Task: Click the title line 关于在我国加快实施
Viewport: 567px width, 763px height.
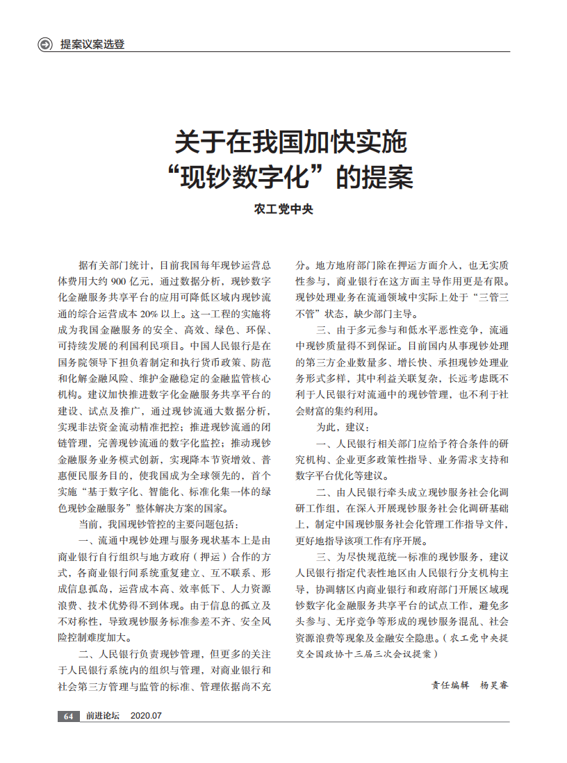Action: pos(290,142)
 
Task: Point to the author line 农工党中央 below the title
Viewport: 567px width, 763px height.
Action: pos(283,208)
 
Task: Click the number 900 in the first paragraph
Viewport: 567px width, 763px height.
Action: pos(119,282)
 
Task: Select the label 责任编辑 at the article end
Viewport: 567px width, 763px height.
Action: pos(450,685)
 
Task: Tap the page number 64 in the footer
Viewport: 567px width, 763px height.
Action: pos(68,716)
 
